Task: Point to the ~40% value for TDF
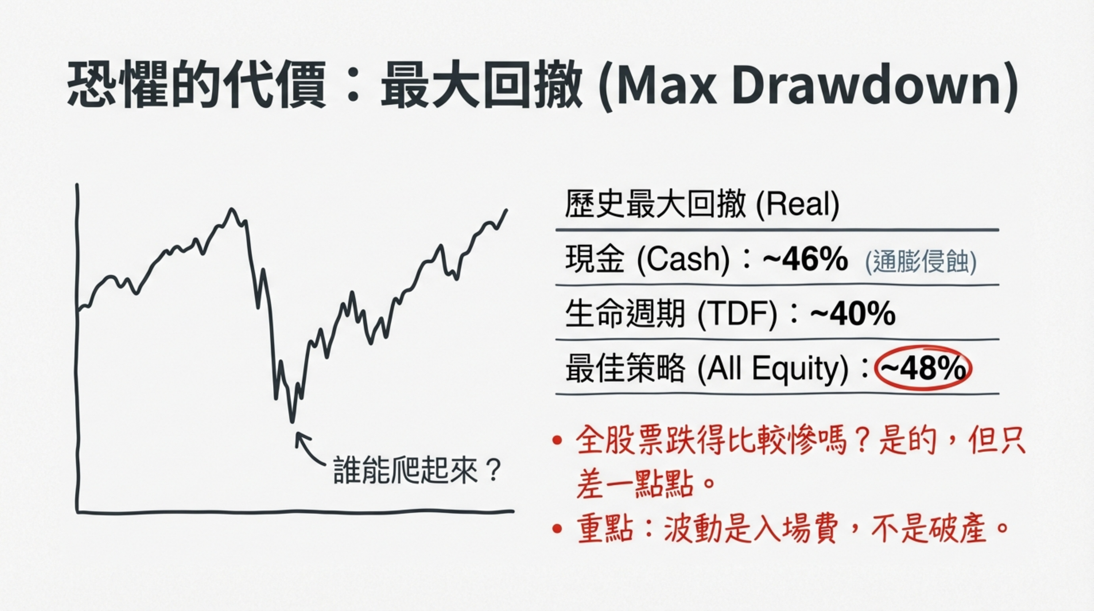853,314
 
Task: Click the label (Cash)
683,260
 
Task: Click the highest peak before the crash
232,210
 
